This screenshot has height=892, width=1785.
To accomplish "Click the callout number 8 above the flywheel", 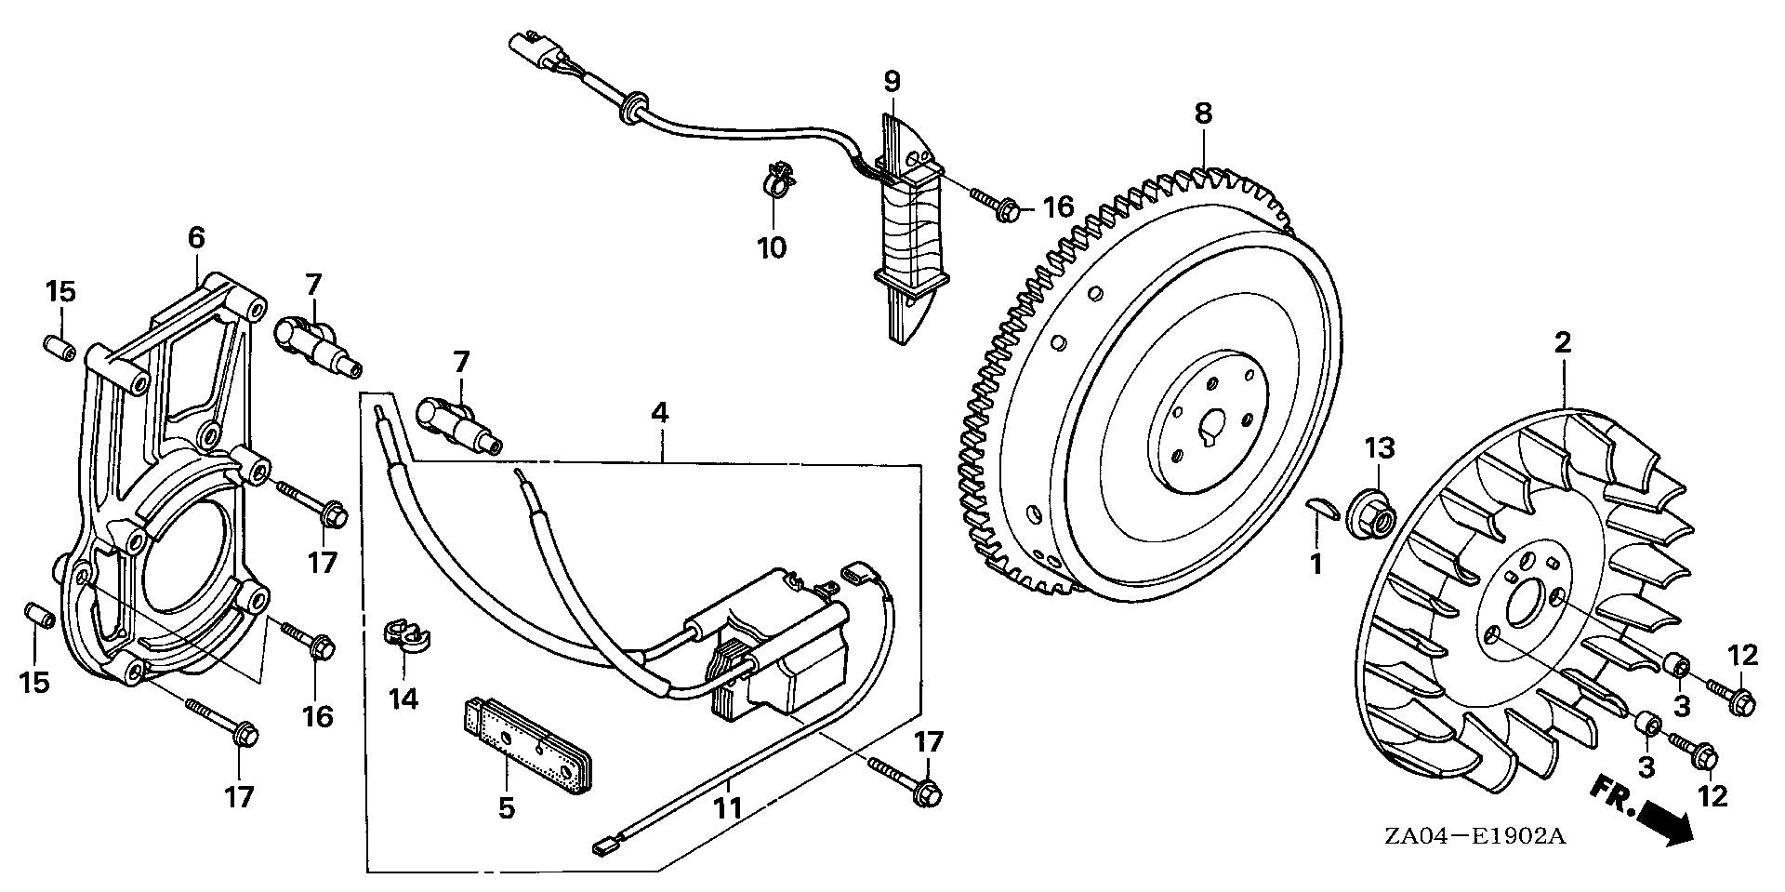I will point(1203,114).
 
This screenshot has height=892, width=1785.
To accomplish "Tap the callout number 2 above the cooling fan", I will point(1563,342).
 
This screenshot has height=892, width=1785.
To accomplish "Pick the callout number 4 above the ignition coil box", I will point(659,413).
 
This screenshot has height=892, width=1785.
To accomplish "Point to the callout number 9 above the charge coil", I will point(892,81).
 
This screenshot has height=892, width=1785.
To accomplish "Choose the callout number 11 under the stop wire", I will point(728,807).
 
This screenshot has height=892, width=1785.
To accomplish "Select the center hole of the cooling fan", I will point(1526,605).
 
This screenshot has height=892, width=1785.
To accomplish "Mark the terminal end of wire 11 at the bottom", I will point(605,847).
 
